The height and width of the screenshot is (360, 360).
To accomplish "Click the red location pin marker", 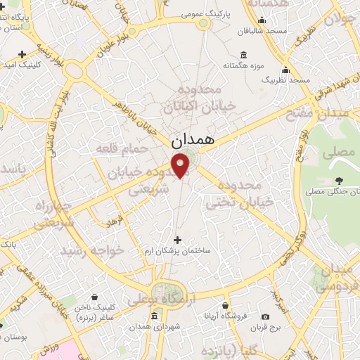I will [181, 166].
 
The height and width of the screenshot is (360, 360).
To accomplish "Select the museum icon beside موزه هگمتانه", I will [243, 55].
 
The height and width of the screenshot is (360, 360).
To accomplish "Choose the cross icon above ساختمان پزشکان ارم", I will [176, 240].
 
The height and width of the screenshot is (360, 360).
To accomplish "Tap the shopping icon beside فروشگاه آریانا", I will [225, 306].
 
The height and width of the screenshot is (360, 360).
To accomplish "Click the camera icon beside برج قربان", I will [266, 318].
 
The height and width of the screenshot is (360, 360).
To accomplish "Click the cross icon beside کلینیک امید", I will [23, 54].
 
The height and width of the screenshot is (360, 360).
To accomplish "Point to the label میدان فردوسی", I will [337, 279].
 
